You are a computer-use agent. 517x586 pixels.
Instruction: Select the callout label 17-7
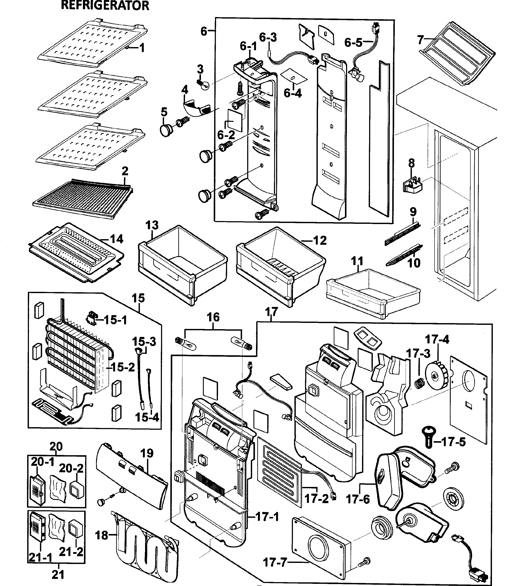(x=275, y=562)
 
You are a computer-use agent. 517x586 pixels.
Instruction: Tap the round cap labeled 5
(x=166, y=131)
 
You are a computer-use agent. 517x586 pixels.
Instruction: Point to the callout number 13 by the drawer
(x=152, y=225)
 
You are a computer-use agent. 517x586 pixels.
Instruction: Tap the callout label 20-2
(x=71, y=468)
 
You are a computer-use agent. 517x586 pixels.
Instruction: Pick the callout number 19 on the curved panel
(x=147, y=453)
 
